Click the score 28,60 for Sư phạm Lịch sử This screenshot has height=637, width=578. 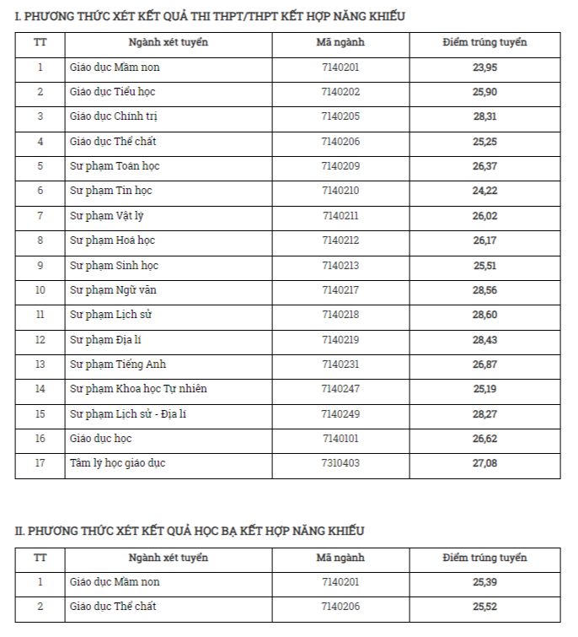click(x=485, y=315)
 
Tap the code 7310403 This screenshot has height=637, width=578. click(x=340, y=463)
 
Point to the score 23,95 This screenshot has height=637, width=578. click(x=485, y=67)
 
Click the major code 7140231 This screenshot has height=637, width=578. click(x=340, y=364)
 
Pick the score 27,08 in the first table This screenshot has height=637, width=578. click(x=485, y=463)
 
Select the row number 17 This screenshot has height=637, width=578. click(x=40, y=463)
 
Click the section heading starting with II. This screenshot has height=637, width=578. click(x=190, y=531)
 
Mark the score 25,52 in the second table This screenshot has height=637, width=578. click(x=485, y=607)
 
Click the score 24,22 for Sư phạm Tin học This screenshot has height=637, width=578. click(x=485, y=191)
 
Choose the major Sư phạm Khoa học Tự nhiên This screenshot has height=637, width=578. click(x=138, y=389)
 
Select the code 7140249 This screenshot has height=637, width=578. click(x=340, y=413)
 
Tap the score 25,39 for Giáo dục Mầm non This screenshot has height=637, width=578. click(x=485, y=582)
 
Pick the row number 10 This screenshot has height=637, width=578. click(x=40, y=290)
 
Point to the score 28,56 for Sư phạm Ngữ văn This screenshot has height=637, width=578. click(x=485, y=290)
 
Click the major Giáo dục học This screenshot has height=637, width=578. click(x=101, y=439)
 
